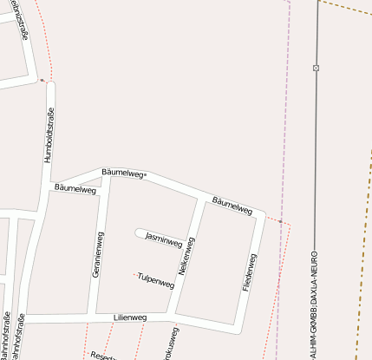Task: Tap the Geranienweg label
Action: click(98, 254)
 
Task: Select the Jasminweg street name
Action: click(162, 237)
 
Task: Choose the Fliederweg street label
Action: click(250, 272)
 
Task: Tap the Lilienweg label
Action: click(130, 318)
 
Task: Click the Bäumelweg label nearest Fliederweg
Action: click(232, 205)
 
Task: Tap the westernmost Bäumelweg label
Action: click(75, 188)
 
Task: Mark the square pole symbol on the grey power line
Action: click(316, 68)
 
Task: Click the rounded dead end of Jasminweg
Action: click(140, 232)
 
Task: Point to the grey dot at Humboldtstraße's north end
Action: click(42, 81)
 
